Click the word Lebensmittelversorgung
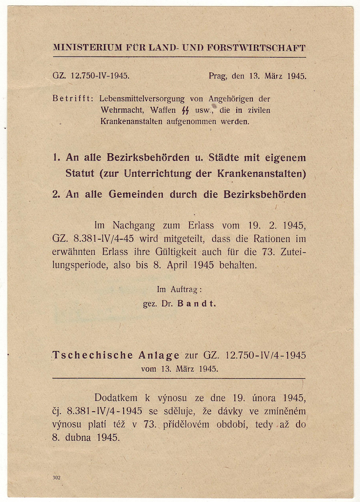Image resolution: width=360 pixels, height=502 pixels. [x=142, y=98]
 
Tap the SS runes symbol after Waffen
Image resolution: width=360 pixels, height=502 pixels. [x=185, y=110]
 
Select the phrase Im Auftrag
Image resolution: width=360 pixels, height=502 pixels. [x=179, y=289]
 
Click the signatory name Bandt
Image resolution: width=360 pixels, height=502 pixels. [x=196, y=304]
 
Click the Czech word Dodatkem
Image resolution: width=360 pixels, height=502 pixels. [x=116, y=398]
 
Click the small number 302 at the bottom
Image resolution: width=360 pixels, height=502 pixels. [x=56, y=478]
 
